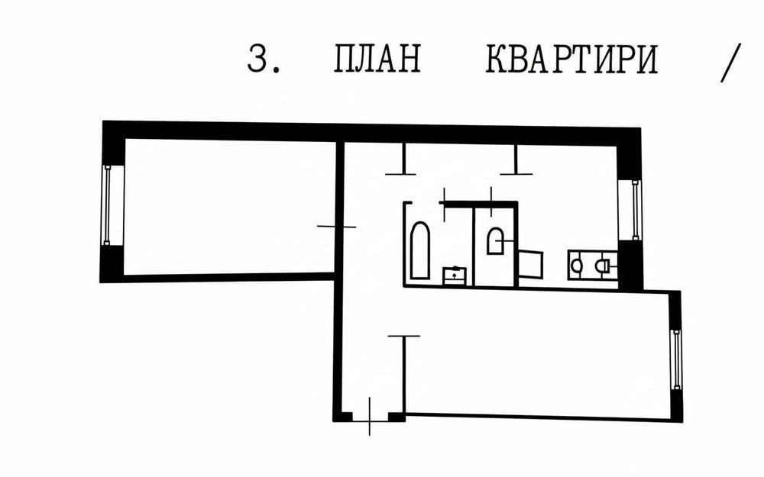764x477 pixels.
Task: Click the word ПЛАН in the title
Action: pos(377,60)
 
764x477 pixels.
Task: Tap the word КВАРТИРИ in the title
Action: pos(571,60)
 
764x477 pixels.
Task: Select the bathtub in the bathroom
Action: pos(420,250)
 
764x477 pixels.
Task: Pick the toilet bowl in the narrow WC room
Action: pos(495,241)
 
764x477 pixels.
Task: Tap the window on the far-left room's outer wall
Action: pos(108,204)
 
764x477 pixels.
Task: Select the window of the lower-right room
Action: pos(676,358)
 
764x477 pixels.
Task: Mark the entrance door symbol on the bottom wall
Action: pos(370,416)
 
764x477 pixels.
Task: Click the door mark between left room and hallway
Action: pos(336,226)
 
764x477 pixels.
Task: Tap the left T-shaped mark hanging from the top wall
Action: pos(401,161)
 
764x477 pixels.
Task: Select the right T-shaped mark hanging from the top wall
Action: pos(516,161)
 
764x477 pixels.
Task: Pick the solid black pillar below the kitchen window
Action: pos(630,265)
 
